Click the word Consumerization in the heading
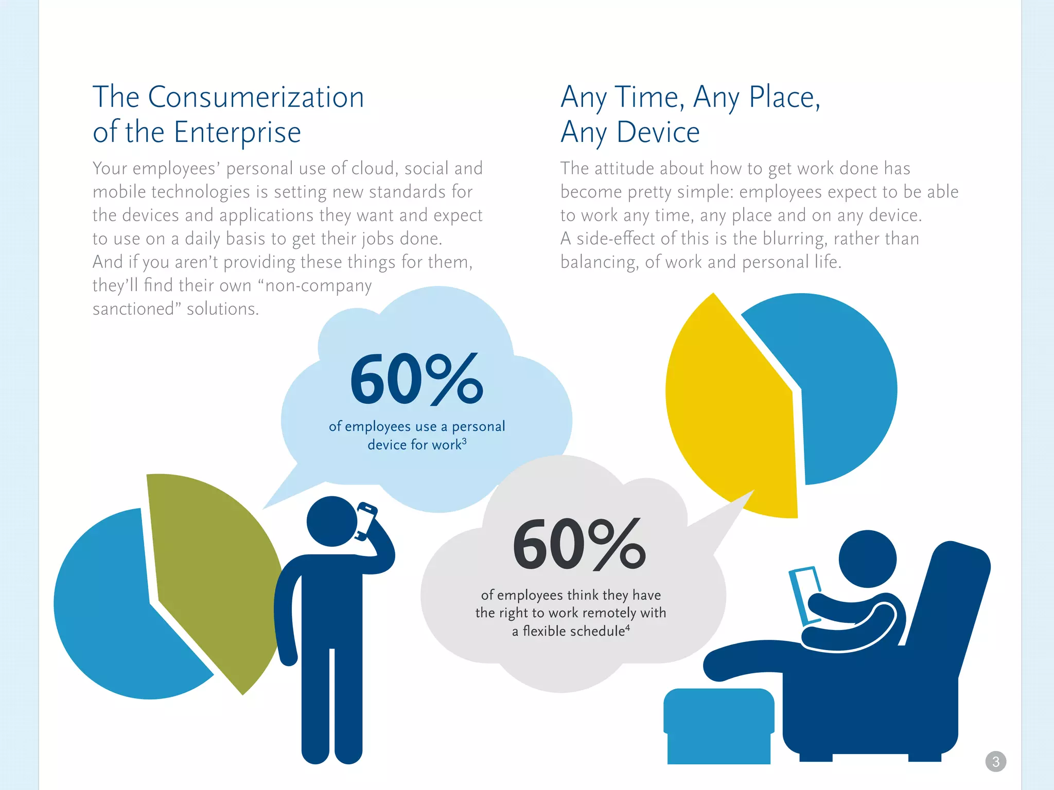coord(256,97)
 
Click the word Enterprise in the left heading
coord(237,132)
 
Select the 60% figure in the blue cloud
coord(416,380)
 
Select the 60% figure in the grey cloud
coord(578,545)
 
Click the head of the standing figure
coord(332,521)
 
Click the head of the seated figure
coord(868,559)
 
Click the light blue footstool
coord(718,725)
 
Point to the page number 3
coord(995,761)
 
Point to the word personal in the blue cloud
coord(478,427)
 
